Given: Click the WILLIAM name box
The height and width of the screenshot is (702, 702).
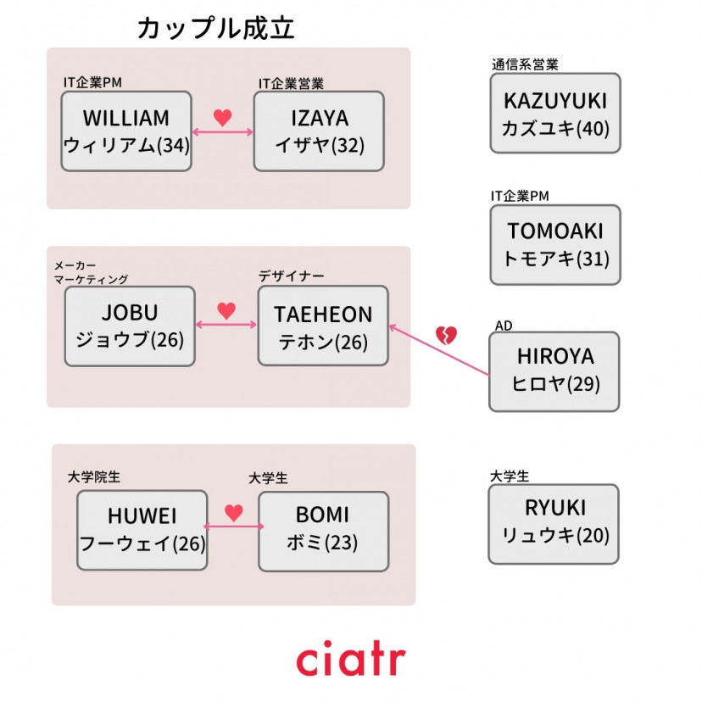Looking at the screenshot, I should pyautogui.click(x=126, y=131).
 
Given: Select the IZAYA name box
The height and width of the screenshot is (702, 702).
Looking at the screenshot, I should pyautogui.click(x=319, y=131).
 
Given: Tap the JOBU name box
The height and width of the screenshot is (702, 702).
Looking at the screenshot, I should pyautogui.click(x=130, y=326).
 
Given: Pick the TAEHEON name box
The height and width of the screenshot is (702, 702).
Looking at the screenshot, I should pyautogui.click(x=323, y=326).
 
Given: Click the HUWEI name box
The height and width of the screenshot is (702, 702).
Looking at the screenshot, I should pyautogui.click(x=142, y=530).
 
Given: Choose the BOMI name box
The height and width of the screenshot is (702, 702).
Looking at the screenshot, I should pyautogui.click(x=323, y=530).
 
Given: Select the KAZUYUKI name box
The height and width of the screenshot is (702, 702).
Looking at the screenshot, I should pyautogui.click(x=555, y=113).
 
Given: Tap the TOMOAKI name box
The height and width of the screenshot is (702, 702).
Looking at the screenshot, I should pyautogui.click(x=555, y=244).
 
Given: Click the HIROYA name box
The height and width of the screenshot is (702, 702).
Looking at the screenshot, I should pyautogui.click(x=555, y=371).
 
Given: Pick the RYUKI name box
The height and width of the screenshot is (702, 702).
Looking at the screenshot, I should pyautogui.click(x=554, y=523).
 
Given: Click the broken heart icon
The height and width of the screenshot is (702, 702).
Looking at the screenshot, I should pyautogui.click(x=446, y=335).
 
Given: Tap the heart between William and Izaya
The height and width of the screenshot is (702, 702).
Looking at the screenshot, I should pyautogui.click(x=222, y=118).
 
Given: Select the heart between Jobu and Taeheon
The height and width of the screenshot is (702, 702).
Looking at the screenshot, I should pyautogui.click(x=226, y=311).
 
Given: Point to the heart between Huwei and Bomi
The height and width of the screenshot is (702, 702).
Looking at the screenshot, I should pyautogui.click(x=233, y=513).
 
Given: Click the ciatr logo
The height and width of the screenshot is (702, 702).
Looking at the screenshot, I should pyautogui.click(x=351, y=660).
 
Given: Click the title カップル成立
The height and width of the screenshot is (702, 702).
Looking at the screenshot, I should pyautogui.click(x=215, y=29).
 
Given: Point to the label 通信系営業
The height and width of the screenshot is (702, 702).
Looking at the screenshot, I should pyautogui.click(x=525, y=64).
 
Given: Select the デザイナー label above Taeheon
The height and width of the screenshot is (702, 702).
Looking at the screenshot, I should pyautogui.click(x=292, y=276).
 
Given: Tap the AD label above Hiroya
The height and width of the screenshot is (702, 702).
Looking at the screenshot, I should pyautogui.click(x=504, y=326).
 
